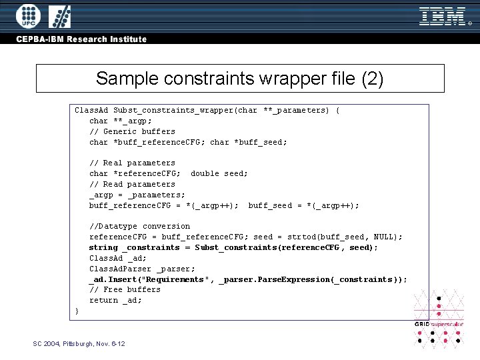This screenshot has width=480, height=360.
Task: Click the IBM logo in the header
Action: tap(441, 16)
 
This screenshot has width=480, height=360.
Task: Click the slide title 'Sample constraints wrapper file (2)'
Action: tap(240, 79)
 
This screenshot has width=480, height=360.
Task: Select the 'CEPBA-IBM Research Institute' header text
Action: tap(81, 39)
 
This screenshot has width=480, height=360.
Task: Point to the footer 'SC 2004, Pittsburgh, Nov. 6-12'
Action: tap(79, 343)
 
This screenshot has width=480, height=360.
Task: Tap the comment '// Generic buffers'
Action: tap(132, 131)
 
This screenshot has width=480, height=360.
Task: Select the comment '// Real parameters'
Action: tap(132, 163)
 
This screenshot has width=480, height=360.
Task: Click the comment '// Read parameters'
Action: tap(132, 184)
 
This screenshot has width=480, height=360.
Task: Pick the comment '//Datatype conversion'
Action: tap(139, 226)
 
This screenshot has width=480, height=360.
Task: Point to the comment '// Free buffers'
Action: tap(125, 289)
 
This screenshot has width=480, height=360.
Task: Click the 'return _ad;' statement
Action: tap(115, 300)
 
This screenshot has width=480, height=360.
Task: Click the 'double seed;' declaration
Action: tap(219, 173)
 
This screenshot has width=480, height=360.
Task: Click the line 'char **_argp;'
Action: tap(120, 121)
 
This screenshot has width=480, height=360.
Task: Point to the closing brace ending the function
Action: tap(77, 311)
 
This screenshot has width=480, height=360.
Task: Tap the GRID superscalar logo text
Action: tap(438, 324)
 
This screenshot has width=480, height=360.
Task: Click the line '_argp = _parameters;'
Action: tap(137, 195)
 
